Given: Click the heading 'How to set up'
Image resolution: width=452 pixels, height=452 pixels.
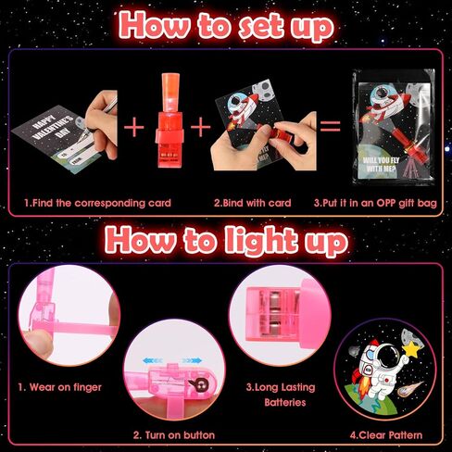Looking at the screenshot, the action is click(226, 27).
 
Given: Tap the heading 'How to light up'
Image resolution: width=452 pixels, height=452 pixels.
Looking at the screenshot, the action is click(226, 242).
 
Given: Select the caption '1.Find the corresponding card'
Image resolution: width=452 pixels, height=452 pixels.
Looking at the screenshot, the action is click(97, 203).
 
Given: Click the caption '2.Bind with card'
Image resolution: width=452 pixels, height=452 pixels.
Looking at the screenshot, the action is click(253, 203).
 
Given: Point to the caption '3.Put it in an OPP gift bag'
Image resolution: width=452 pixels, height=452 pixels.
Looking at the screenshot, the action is click(375, 203).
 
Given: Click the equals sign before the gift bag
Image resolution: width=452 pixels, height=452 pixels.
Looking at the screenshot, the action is click(331, 126).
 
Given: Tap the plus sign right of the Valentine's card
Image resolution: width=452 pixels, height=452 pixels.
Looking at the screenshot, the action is click(133, 127).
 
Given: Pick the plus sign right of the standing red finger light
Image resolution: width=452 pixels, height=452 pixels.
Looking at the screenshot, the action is click(201, 127).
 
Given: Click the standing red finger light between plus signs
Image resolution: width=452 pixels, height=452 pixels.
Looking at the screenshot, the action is click(169, 120).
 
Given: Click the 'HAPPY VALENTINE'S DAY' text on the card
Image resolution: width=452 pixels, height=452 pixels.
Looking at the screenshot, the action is click(54, 128).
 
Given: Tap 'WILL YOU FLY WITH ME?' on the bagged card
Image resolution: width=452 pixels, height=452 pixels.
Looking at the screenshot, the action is click(381, 164).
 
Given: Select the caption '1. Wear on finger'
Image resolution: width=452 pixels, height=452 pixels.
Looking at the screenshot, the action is click(59, 387).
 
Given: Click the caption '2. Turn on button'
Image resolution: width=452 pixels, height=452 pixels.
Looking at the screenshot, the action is click(174, 435).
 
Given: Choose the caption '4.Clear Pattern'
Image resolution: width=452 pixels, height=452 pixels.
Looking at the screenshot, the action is click(386, 435).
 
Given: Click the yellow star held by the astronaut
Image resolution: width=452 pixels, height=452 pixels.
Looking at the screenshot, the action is click(411, 349).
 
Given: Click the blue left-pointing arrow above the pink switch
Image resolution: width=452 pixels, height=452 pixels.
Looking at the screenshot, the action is click(153, 360).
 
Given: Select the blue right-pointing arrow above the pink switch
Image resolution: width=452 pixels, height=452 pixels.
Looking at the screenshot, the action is click(192, 360).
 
